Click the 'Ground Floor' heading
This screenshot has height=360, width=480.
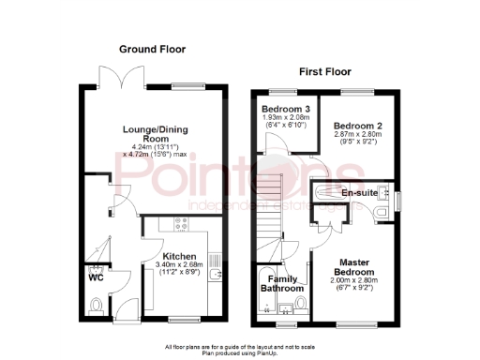coord(152,49)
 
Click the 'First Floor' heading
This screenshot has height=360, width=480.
coord(326,71)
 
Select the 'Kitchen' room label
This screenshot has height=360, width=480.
coord(179,256)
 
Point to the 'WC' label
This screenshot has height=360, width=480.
coord(95,277)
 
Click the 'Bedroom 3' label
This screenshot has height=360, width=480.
coord(286,109)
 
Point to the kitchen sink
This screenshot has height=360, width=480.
coord(216,274)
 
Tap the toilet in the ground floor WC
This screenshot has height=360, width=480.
coord(97,305)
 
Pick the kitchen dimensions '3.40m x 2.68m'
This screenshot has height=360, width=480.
coord(179,266)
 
